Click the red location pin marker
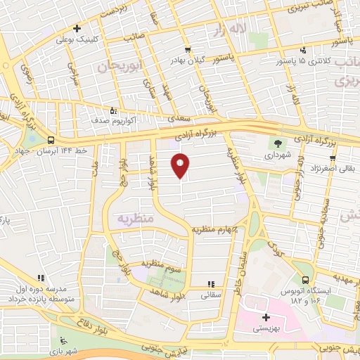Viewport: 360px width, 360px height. click(181, 166)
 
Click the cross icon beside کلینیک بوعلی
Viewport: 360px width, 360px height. click(77, 30)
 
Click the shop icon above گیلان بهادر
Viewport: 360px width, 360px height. click(188, 49)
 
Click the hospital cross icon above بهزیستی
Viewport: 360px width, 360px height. click(264, 316)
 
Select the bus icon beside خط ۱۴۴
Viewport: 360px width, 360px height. click(50, 140)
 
